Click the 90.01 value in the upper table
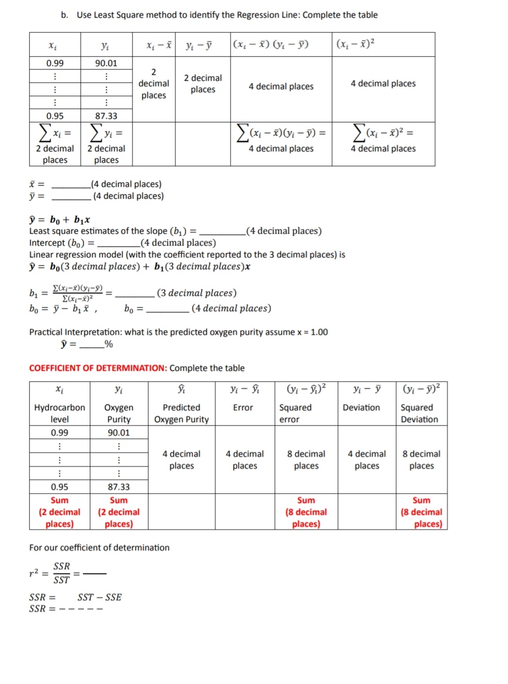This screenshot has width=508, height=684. (106, 63)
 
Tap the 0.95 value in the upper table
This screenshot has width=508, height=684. (55, 116)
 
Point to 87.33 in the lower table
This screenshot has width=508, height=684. (119, 487)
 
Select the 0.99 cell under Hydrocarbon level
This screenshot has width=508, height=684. (60, 432)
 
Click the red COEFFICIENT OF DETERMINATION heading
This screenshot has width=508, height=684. (98, 368)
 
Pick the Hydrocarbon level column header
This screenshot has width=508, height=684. (60, 413)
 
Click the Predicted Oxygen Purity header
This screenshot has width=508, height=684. (181, 413)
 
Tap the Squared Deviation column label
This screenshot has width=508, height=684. (419, 413)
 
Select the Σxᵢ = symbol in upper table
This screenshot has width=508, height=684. (55, 133)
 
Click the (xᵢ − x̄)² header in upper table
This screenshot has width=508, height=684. (355, 44)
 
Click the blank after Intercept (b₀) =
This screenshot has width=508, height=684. (118, 244)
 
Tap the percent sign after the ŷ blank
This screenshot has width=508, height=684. (109, 344)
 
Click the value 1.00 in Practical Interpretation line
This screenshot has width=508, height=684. (319, 332)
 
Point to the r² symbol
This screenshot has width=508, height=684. (34, 573)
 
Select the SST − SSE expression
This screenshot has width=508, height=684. (99, 597)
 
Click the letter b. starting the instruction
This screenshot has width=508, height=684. (65, 15)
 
